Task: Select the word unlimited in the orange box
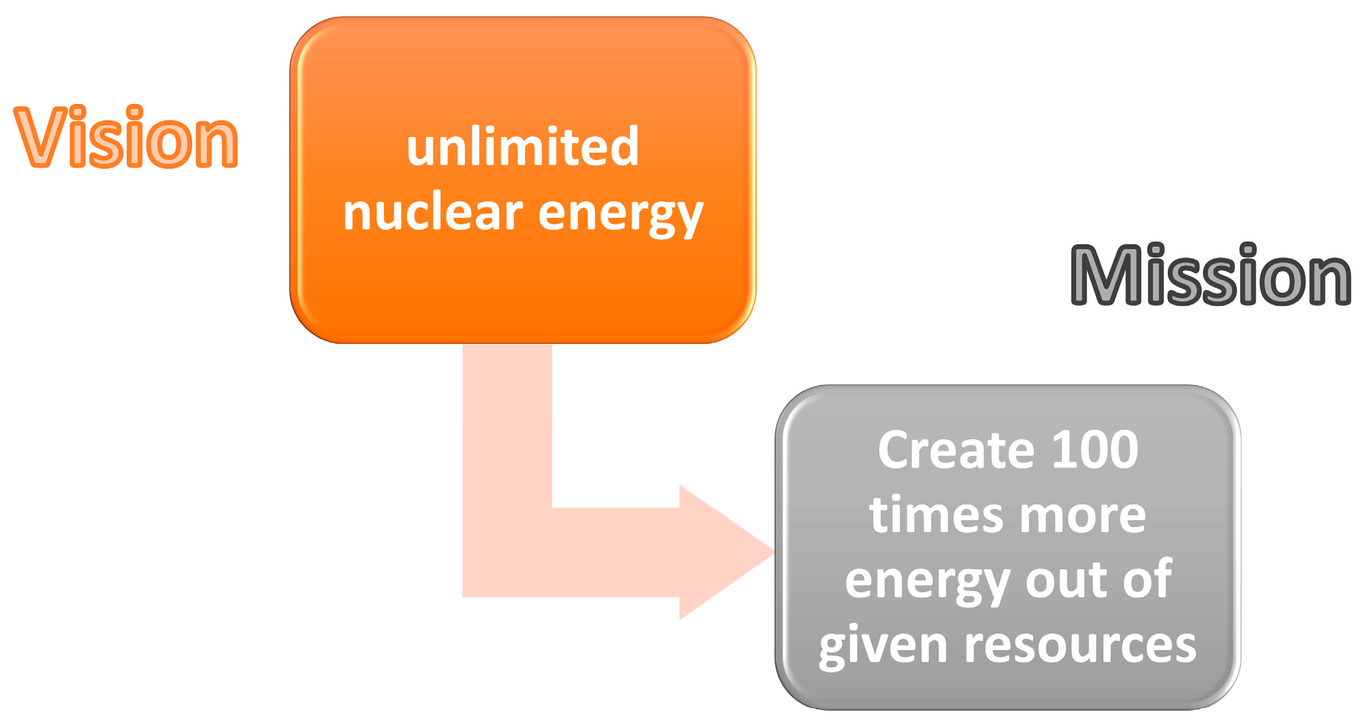522,148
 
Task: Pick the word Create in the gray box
957,450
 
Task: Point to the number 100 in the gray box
1094,450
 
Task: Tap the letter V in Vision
41,137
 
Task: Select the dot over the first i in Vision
77,113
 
